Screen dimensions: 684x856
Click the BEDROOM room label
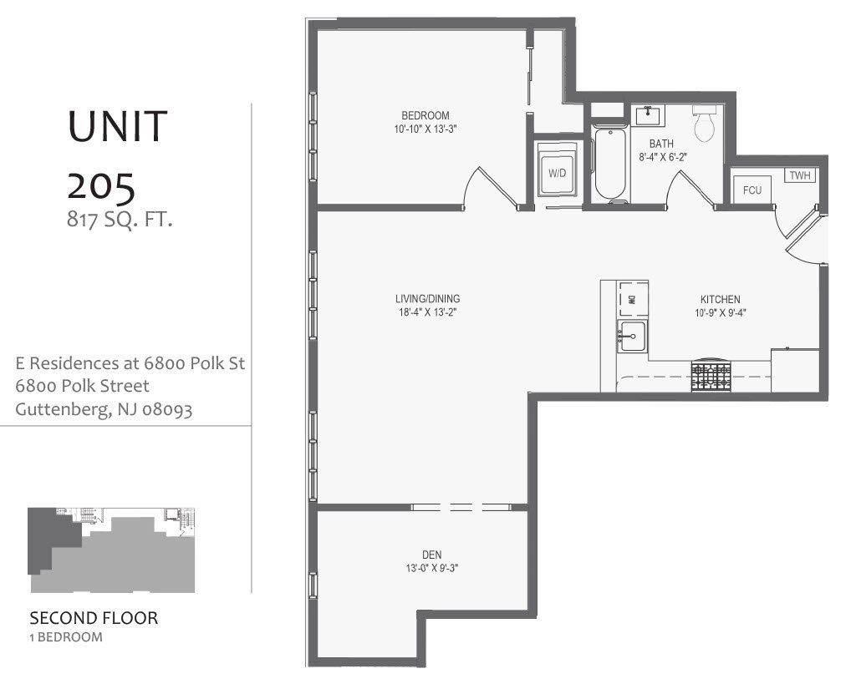tap(425, 115)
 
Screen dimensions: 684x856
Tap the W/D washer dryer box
tap(558, 173)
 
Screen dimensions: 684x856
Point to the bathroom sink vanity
tap(648, 115)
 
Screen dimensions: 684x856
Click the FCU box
tap(752, 190)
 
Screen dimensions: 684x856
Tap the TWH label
tap(800, 175)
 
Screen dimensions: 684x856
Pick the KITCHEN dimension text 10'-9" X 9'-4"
tap(720, 313)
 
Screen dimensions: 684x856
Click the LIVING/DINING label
tap(428, 299)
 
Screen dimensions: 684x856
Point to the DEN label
tap(432, 555)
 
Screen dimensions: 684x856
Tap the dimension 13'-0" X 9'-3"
tap(432, 568)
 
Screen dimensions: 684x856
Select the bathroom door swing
tap(690, 188)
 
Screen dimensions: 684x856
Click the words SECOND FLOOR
tap(94, 619)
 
